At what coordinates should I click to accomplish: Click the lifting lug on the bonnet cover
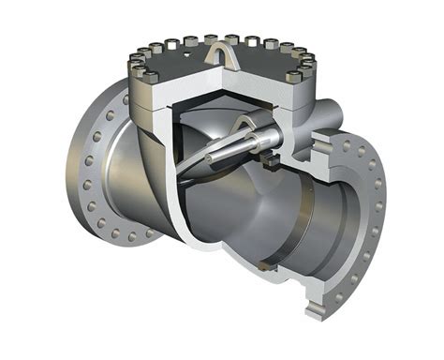click(x=217, y=45)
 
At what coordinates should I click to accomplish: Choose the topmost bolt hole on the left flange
click(x=124, y=96)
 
